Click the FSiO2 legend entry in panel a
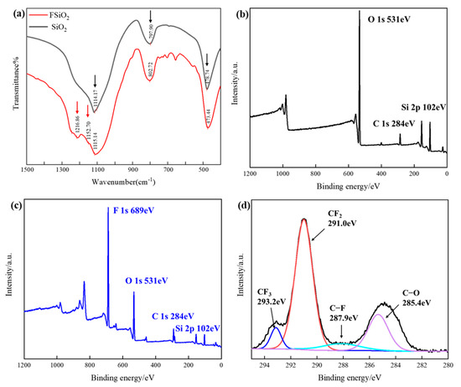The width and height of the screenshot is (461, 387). [61, 14]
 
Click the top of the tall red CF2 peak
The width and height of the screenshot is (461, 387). [303, 219]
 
